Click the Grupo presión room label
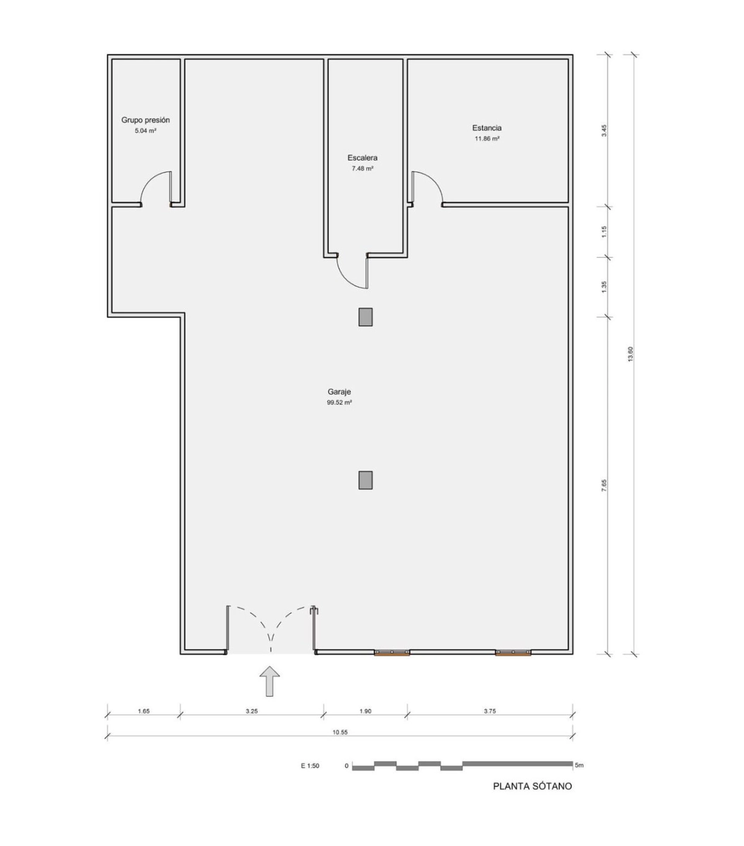pos(145,120)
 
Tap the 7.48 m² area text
pos(363,169)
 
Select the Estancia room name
pos(487,128)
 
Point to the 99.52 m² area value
pos(339,402)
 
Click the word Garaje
pos(339,392)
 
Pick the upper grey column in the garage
pos(365,317)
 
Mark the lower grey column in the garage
pos(365,480)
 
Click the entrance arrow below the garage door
pos(270,681)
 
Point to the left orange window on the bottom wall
pos(392,653)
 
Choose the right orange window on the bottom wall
pos(513,653)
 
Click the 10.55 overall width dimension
pos(340,732)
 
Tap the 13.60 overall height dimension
pos(630,354)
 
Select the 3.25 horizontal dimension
pos(252,711)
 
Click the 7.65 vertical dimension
pos(604,485)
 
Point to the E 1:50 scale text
pos(310,766)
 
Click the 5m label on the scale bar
pos(579,765)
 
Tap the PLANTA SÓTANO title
pos(532,786)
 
